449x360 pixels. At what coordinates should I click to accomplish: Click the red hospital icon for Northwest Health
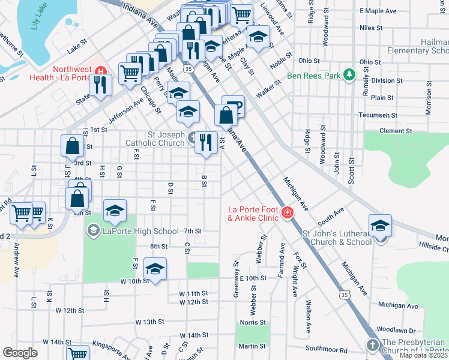click(x=100, y=70)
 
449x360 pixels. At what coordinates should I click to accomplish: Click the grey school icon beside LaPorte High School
click(x=93, y=230)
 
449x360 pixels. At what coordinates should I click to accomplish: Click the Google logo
click(x=20, y=353)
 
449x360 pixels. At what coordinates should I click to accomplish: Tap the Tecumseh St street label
click(x=378, y=115)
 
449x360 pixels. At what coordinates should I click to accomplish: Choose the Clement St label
click(x=395, y=131)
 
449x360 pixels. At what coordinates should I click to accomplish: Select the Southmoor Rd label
click(x=326, y=349)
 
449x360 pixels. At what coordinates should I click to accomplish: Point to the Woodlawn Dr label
click(x=396, y=330)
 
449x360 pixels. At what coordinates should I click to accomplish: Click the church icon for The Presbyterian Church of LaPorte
click(x=372, y=345)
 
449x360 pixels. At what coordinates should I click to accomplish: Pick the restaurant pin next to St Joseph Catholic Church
click(x=206, y=142)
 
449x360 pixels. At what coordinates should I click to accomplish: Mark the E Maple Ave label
click(x=378, y=11)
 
